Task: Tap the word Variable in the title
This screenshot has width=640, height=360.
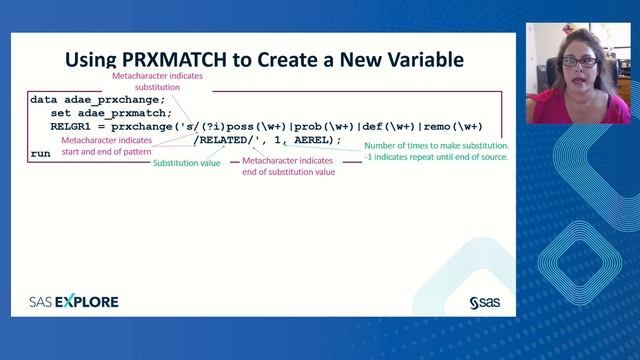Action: tap(418, 59)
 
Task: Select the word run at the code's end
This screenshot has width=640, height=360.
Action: tap(41, 154)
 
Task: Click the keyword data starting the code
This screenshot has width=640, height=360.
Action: tap(44, 100)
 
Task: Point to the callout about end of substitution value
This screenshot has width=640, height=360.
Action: tap(288, 165)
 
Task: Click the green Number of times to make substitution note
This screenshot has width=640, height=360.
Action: tap(436, 151)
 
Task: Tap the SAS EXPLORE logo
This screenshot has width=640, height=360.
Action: tap(74, 301)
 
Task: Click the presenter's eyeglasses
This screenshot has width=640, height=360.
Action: tap(581, 62)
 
